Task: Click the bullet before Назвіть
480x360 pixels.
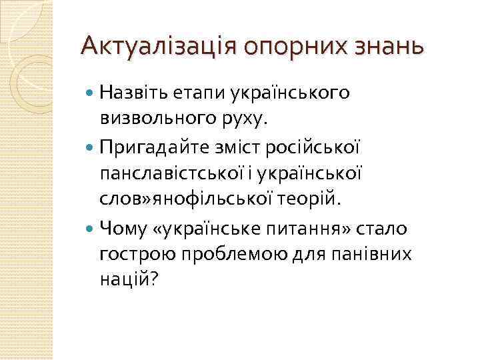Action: (91, 95)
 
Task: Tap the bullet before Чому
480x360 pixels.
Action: (91, 229)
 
